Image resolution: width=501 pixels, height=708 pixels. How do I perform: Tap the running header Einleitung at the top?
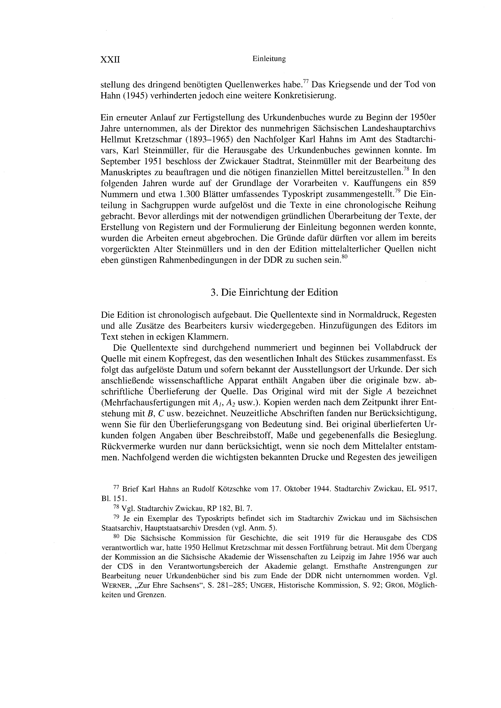[269, 59]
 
